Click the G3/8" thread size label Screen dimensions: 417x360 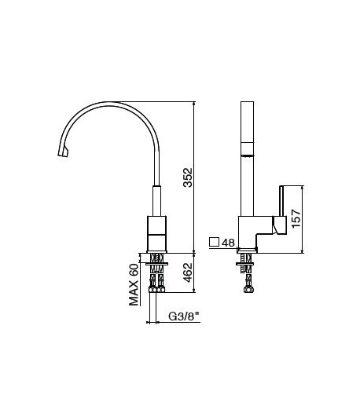[184, 317]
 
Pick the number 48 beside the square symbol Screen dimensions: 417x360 [229, 243]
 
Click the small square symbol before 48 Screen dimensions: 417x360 [214, 243]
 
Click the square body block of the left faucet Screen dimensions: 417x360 [155, 232]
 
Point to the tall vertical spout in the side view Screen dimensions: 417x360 [246, 157]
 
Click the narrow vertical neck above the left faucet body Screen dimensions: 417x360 [155, 198]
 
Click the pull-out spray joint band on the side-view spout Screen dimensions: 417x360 [246, 147]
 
